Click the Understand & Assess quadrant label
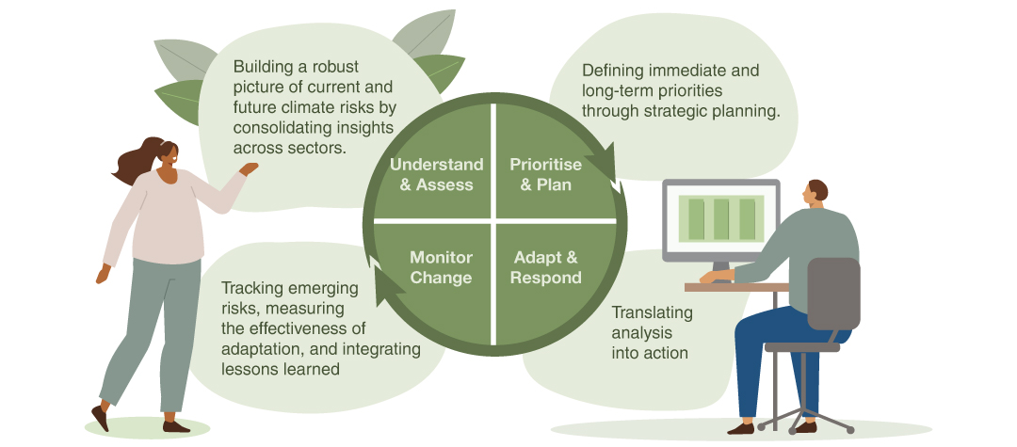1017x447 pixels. [x=436, y=174]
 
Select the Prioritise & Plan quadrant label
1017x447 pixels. [x=546, y=174]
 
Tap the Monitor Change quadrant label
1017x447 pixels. [x=441, y=267]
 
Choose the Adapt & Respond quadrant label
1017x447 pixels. [x=546, y=267]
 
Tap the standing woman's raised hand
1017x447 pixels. [x=249, y=169]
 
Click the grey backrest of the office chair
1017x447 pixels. [x=833, y=292]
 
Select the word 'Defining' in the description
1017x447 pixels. [x=612, y=71]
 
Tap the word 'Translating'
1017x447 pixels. [x=652, y=312]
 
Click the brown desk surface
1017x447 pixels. [x=734, y=286]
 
